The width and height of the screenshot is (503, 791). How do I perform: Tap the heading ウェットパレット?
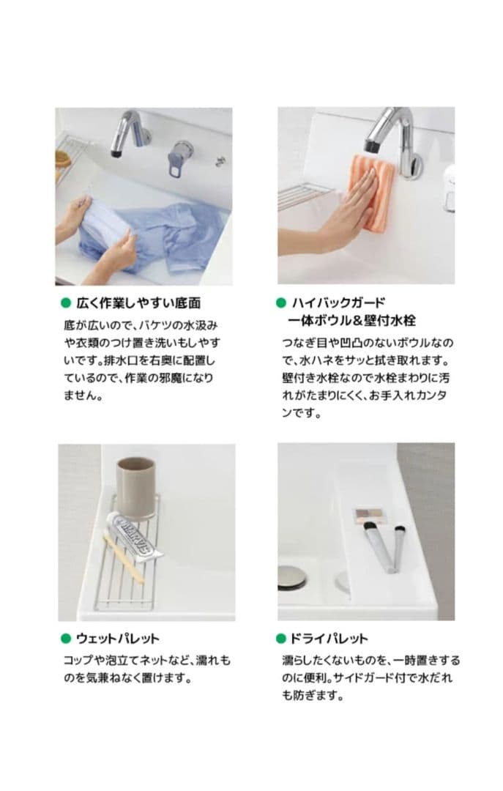(x=117, y=638)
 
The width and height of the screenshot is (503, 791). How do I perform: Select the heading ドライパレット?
(x=329, y=638)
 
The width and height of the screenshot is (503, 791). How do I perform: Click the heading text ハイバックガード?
(x=338, y=302)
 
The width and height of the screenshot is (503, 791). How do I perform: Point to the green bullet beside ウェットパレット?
(x=64, y=638)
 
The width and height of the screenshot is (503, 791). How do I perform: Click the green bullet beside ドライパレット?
(x=280, y=638)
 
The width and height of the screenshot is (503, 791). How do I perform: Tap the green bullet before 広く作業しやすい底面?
(x=64, y=302)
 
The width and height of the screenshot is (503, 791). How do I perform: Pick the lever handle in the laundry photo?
(x=180, y=157)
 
